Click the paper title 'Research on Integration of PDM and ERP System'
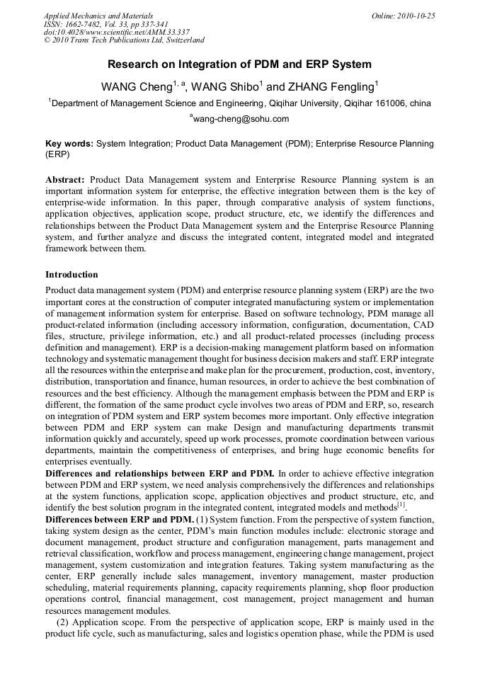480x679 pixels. [239, 64]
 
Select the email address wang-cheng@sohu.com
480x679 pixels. [241, 119]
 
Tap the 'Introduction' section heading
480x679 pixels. [72, 275]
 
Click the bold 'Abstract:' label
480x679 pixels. [65, 180]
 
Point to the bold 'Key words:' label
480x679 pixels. [69, 143]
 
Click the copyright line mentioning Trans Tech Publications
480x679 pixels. [124, 41]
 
